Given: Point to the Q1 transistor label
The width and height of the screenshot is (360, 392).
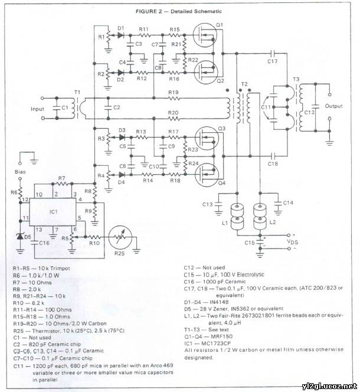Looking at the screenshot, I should coord(220,24).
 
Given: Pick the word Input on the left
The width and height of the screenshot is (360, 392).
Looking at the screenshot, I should coord(38,110).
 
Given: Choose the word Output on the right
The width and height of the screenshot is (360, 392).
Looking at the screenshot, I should coord(334,106).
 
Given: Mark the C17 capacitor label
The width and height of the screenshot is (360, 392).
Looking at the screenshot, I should coord(272,61).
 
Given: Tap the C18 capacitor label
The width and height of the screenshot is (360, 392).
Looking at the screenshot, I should coord(271,164).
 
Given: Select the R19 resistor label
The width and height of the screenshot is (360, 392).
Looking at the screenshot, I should coord(172,93).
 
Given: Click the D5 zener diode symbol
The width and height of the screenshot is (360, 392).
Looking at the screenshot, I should coord(19,236).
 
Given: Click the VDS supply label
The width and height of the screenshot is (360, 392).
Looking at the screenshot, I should coord(293,241).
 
